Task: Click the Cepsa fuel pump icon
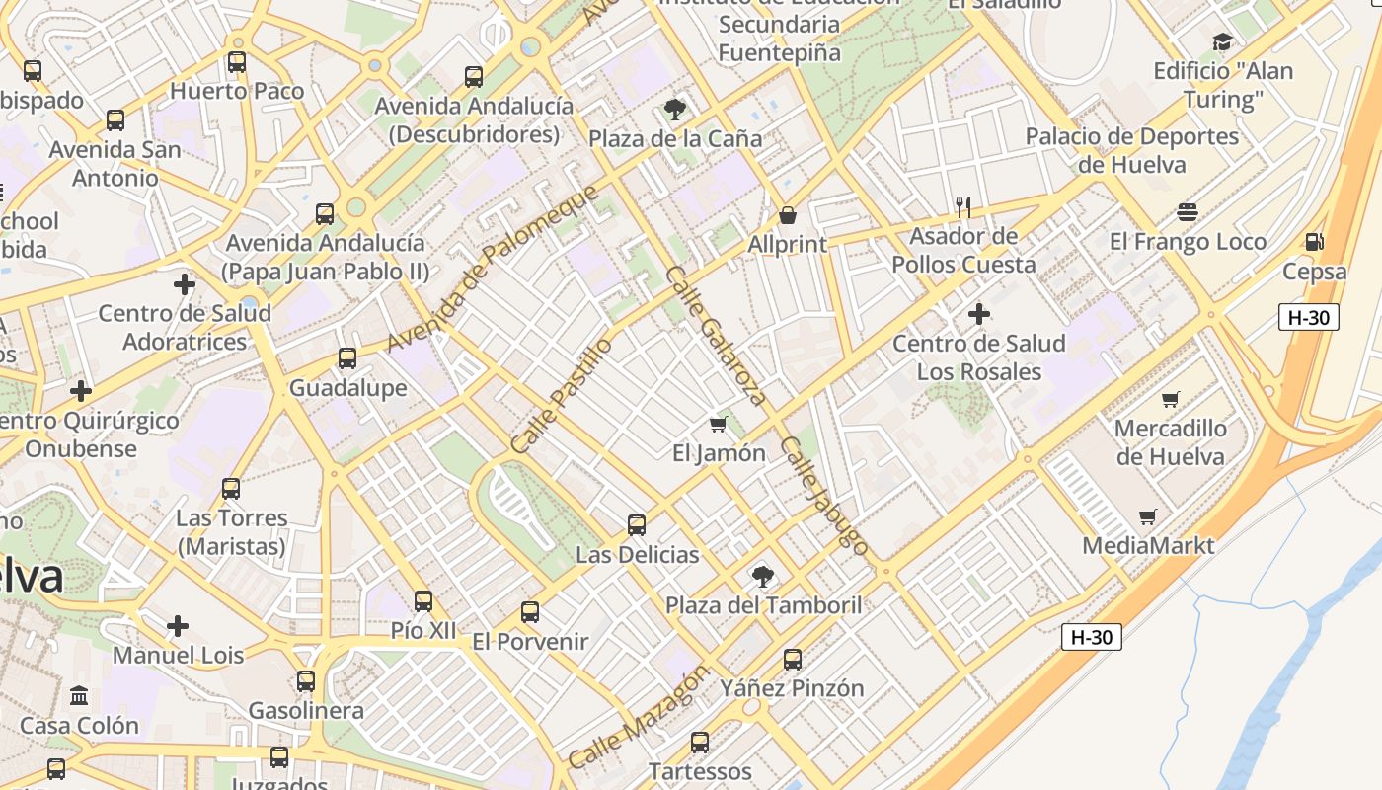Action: (x=1314, y=242)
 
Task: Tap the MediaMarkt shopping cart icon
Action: (x=1147, y=516)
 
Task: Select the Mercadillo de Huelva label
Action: (x=1170, y=442)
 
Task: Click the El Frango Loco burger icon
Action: (x=1188, y=212)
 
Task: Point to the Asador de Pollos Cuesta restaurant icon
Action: (x=963, y=206)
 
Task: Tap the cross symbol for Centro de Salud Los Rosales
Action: (x=978, y=314)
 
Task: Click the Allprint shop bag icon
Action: (x=787, y=214)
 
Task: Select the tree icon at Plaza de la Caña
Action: (x=675, y=109)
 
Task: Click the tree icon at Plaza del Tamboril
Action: (x=762, y=576)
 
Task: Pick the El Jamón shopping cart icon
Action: (x=718, y=424)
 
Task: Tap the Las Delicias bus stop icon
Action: (x=637, y=525)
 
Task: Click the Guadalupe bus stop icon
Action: (x=346, y=358)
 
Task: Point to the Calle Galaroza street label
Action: (x=717, y=336)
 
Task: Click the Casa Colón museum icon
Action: (x=79, y=696)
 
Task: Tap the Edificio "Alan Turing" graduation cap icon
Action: (x=1222, y=41)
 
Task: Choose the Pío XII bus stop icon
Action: (x=423, y=600)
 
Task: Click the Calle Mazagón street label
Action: (x=639, y=717)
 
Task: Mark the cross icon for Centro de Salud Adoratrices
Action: (x=184, y=284)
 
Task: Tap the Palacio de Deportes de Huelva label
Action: (x=1131, y=150)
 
